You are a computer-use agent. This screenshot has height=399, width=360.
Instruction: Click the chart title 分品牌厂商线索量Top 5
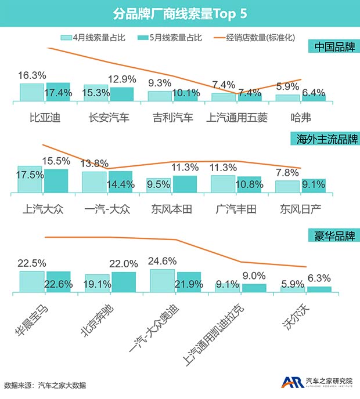click(x=179, y=12)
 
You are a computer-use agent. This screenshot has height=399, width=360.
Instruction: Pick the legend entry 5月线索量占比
click(x=169, y=38)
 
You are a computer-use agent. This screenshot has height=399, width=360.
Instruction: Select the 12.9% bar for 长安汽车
click(x=121, y=94)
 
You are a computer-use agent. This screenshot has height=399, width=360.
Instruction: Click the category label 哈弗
click(x=300, y=118)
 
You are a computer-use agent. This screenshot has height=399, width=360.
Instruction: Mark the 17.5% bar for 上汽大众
click(x=29, y=179)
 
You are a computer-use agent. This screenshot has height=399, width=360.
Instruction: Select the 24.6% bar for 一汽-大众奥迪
click(x=162, y=281)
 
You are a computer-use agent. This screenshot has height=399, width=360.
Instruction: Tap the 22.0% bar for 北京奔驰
click(x=123, y=282)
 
